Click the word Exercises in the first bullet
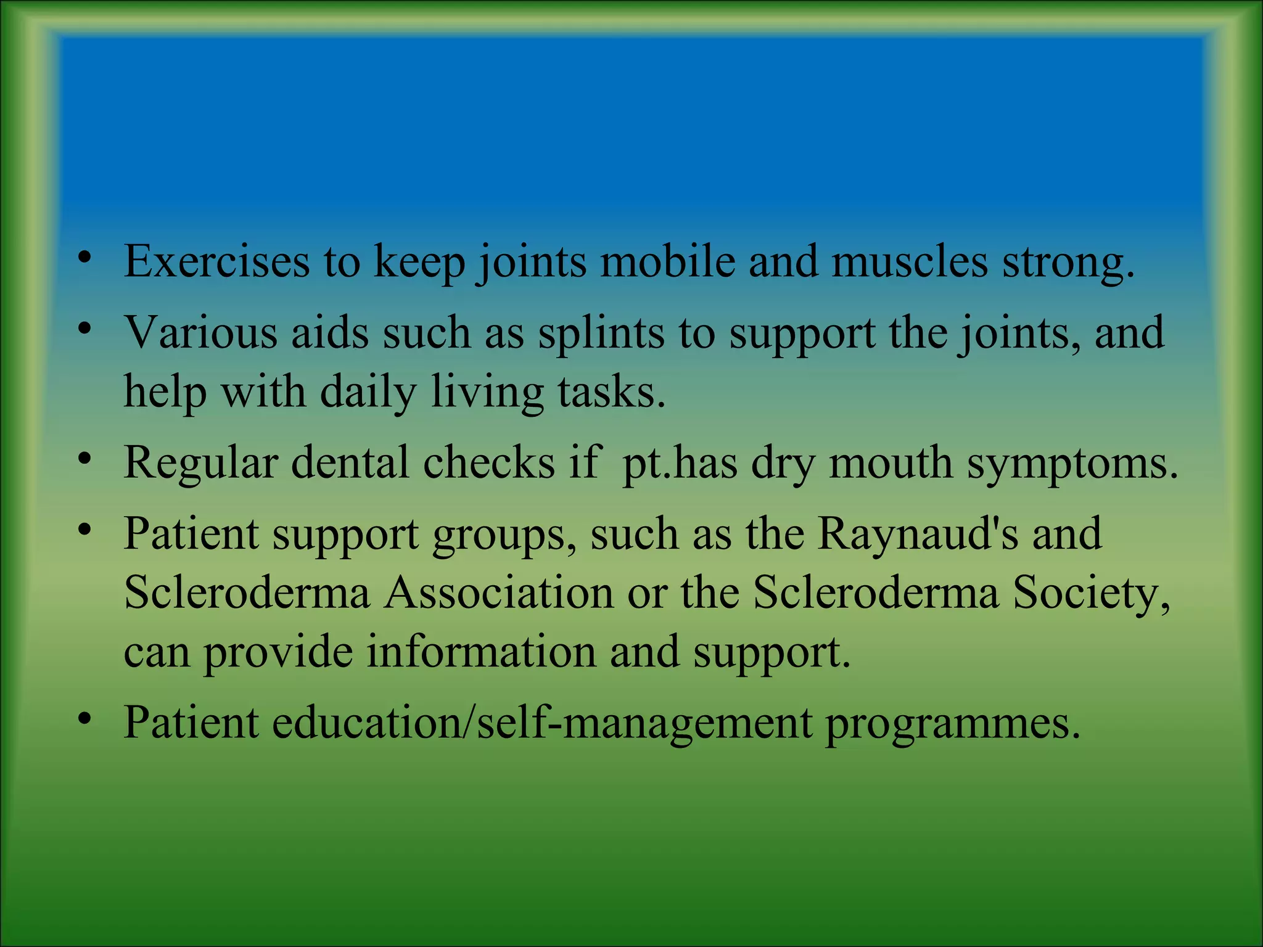click(216, 261)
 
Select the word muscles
click(910, 261)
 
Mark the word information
click(481, 652)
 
